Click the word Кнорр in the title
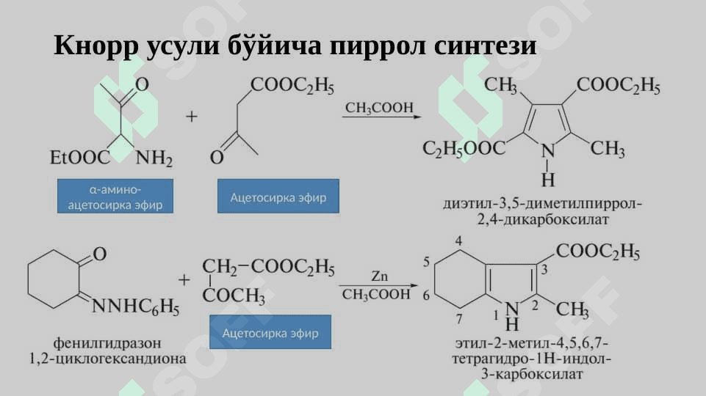click(x=96, y=46)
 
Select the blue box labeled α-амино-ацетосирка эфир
click(x=115, y=196)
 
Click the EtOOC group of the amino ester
click(x=79, y=158)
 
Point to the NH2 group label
click(x=154, y=158)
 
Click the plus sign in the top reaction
click(x=192, y=117)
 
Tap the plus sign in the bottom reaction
click(x=184, y=280)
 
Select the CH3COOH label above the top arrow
click(x=379, y=108)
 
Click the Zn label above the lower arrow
click(x=380, y=276)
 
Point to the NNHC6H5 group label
click(x=135, y=307)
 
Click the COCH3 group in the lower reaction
click(x=234, y=296)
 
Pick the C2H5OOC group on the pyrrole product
click(x=464, y=148)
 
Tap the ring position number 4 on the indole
click(x=458, y=241)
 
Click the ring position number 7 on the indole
click(x=459, y=319)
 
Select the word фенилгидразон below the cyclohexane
click(x=107, y=343)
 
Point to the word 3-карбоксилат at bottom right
click(x=532, y=374)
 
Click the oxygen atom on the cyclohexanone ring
click(x=100, y=254)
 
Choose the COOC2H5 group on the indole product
click(x=598, y=252)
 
